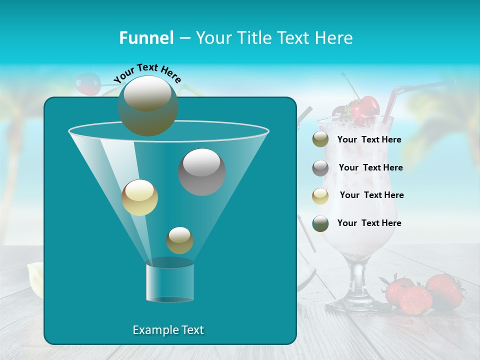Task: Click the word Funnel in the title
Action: click(146, 37)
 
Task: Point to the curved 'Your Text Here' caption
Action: click(147, 72)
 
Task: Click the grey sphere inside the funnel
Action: click(202, 171)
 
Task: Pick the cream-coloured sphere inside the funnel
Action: click(139, 197)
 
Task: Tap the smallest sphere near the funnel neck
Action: click(179, 240)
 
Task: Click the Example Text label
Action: click(168, 330)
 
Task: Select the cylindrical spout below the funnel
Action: click(170, 282)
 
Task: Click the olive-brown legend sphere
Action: click(320, 139)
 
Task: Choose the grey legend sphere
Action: click(320, 168)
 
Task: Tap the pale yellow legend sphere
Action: click(320, 195)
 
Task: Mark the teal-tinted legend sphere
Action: click(320, 223)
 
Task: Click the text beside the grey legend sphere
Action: click(370, 167)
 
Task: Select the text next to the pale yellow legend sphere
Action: click(371, 195)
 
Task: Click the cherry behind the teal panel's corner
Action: click(86, 84)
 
